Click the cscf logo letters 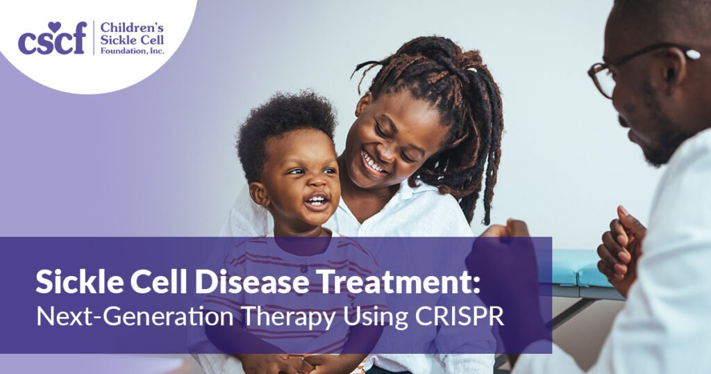[x=52, y=40]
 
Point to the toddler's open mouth [x=317, y=201]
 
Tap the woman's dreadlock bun [x=430, y=63]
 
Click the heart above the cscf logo [x=56, y=25]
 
